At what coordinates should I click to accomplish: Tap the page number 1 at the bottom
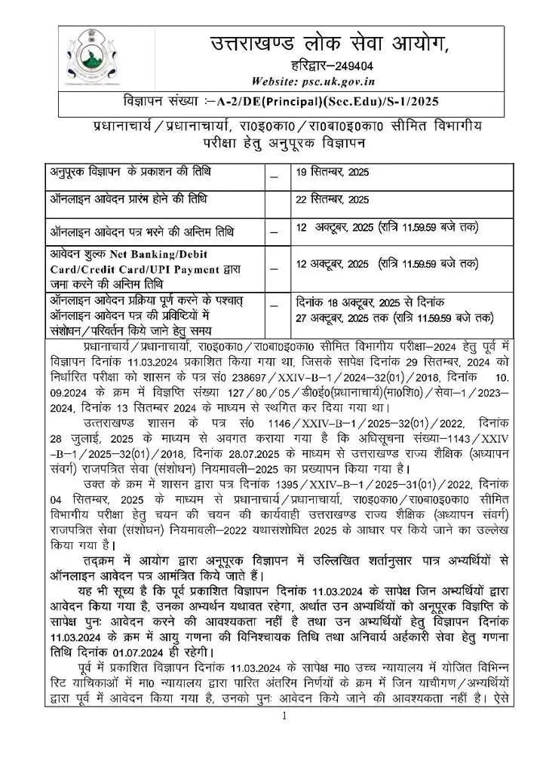click(285, 715)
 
